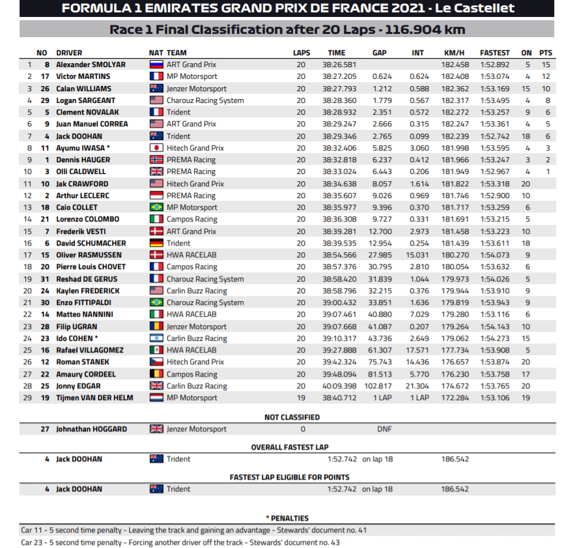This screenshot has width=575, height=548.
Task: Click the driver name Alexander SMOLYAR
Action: point(91,65)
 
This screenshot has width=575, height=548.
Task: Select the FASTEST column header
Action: point(495,53)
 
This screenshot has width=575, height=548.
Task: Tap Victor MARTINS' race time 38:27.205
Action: point(339,76)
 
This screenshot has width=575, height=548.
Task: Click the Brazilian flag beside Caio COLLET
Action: point(156,207)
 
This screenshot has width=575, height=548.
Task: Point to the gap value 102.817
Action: point(378,386)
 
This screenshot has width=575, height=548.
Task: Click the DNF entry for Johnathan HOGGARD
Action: point(384,429)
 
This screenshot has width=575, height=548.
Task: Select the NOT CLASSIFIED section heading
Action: point(292,417)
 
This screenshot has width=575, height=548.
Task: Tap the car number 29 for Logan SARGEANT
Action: point(46,100)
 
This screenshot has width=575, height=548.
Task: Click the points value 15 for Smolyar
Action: point(546,65)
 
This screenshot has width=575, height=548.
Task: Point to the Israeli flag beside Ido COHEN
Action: point(156,338)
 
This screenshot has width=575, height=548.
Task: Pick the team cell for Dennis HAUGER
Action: point(191,160)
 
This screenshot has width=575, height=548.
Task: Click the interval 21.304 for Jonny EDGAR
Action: point(417,386)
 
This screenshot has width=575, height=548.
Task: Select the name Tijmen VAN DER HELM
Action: point(95,397)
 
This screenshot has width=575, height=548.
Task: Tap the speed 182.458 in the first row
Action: point(455,65)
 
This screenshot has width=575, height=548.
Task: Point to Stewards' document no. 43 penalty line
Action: point(180,542)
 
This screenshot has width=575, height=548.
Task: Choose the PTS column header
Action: point(546,53)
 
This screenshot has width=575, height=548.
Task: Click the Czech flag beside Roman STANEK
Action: point(156,362)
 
